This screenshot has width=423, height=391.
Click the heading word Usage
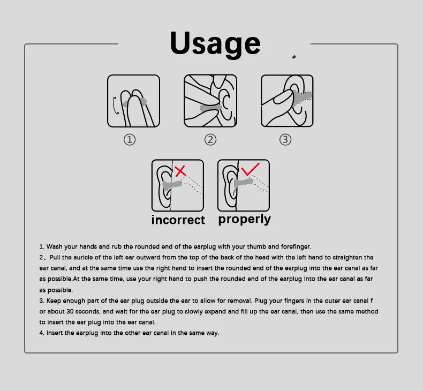[x=215, y=43]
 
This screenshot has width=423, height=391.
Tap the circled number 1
[x=130, y=140]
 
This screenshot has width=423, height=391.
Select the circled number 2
[x=210, y=140]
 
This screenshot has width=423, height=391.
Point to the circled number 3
[x=285, y=140]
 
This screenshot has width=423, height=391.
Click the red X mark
[x=181, y=171]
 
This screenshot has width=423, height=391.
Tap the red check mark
[x=250, y=170]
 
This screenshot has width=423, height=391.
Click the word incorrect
[x=178, y=220]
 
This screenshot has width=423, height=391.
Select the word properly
[x=244, y=219]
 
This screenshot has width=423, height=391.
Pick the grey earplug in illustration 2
[x=210, y=108]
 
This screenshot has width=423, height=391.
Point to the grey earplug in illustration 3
[x=304, y=97]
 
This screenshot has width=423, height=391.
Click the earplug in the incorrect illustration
[x=173, y=186]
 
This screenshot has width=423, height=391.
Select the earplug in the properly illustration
[x=243, y=183]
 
